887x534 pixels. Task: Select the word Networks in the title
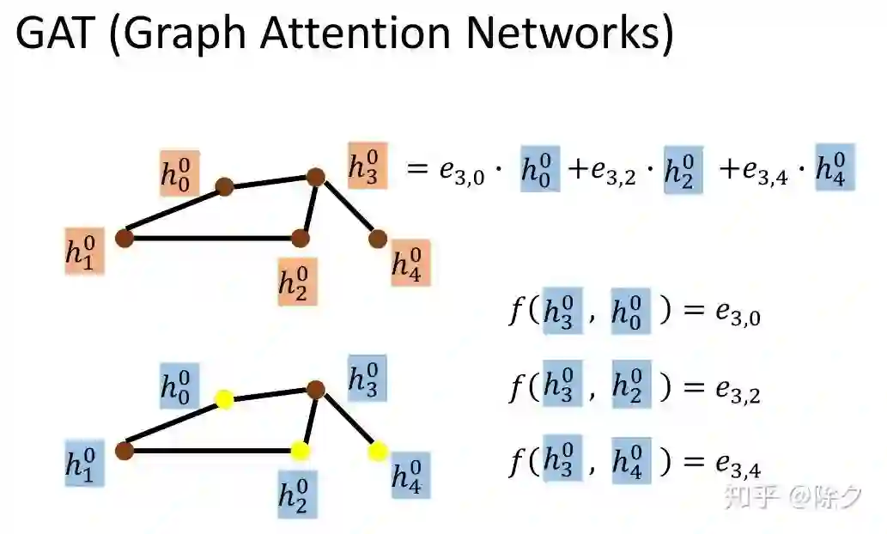[x=564, y=35]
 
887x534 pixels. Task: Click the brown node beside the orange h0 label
[x=224, y=186]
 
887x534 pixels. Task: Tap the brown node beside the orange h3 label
[x=315, y=178]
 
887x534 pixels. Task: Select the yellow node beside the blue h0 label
[x=224, y=399]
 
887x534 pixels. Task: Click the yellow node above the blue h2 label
[x=300, y=450]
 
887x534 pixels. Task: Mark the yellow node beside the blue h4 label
[x=377, y=451]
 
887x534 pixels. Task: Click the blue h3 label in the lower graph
[x=367, y=379]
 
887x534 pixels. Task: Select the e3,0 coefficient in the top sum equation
[x=461, y=172]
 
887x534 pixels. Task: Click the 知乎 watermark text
[x=743, y=495]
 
